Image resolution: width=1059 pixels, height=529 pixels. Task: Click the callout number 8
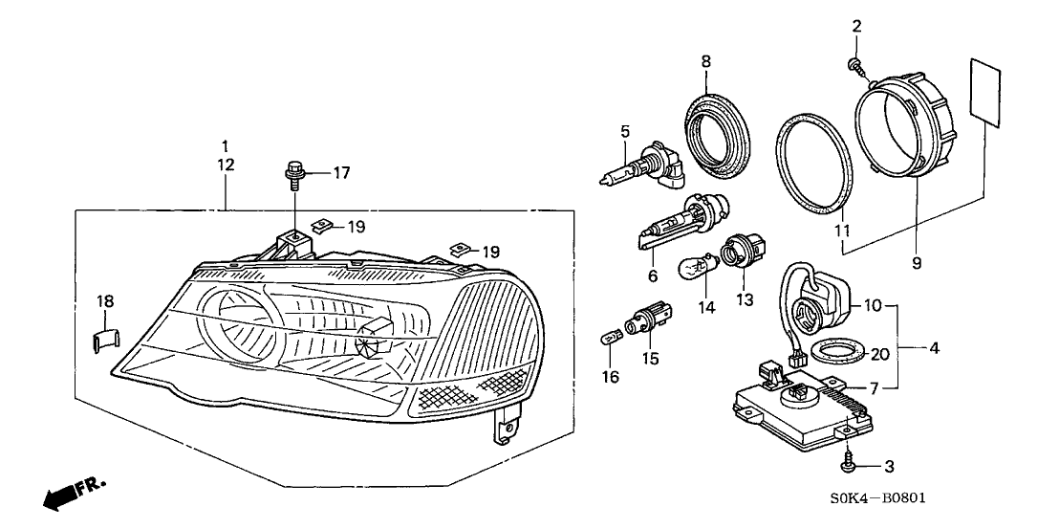706,60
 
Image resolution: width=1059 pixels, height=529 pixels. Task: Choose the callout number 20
879,353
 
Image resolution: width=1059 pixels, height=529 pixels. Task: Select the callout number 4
934,348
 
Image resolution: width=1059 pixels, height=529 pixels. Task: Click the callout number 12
225,165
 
